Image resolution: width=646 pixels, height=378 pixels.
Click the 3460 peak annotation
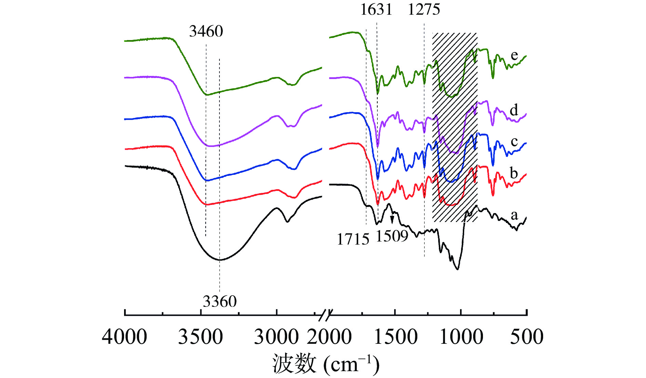(206, 31)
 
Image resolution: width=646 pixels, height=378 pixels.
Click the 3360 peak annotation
(219, 302)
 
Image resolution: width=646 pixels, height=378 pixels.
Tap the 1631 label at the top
(376, 10)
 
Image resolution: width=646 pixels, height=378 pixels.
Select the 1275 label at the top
(424, 10)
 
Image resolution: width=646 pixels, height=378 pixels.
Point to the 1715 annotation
(353, 239)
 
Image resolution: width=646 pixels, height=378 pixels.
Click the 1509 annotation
(392, 236)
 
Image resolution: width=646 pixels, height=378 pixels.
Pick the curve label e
(514, 55)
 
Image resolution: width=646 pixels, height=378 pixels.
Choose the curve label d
(514, 110)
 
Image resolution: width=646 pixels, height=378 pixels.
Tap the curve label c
(514, 141)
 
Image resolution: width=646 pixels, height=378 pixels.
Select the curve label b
(514, 173)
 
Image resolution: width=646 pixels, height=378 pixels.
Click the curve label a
(514, 215)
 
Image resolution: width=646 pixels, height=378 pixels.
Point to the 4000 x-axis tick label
(125, 337)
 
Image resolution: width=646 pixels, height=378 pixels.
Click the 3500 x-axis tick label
(201, 337)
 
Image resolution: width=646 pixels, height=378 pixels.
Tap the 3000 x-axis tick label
(276, 337)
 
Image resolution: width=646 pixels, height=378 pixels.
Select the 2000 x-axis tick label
(329, 337)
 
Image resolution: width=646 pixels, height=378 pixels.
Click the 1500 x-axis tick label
(396, 337)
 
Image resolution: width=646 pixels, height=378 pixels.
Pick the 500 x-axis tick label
(527, 337)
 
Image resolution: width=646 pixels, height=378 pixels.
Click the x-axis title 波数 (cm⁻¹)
(326, 364)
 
